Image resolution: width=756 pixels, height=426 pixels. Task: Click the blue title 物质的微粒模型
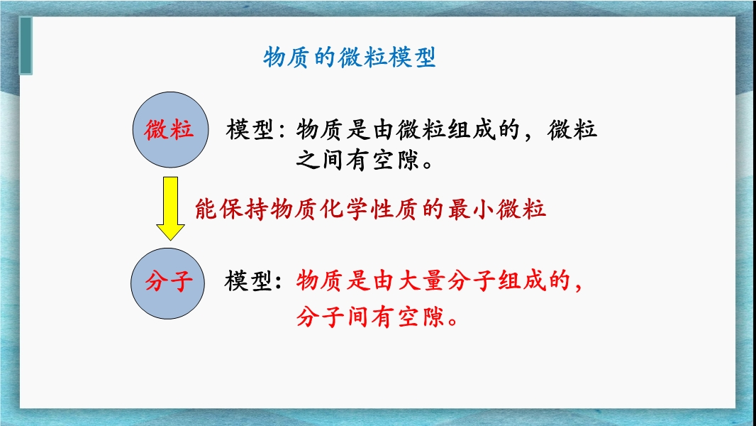350,58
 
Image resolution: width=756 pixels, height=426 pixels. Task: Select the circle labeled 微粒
171,130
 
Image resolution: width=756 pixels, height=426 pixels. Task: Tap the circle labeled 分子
168,283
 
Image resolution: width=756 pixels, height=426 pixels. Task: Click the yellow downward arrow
171,209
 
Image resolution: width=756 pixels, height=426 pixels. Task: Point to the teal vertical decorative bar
26,46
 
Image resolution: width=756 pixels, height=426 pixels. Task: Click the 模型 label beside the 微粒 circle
250,130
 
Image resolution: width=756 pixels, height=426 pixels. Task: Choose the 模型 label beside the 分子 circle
248,280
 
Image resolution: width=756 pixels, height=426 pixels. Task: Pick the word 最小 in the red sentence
471,209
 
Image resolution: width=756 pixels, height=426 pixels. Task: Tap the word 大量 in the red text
421,280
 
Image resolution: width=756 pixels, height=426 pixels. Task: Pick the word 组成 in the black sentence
472,130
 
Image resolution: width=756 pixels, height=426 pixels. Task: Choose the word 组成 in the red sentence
522,280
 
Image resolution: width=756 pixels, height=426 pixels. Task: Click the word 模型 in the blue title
411,58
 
